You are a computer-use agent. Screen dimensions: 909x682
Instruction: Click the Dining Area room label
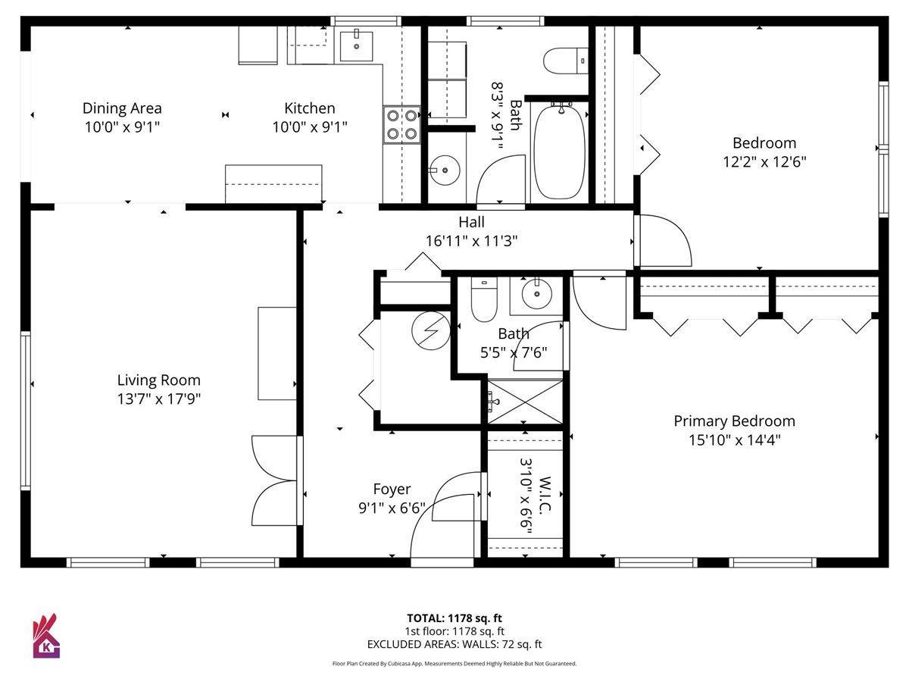[x=122, y=108]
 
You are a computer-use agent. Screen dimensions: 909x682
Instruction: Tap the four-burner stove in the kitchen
[x=401, y=125]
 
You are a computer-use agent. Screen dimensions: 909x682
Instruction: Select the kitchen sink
[x=356, y=46]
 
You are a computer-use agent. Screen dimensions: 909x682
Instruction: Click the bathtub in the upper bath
[x=560, y=152]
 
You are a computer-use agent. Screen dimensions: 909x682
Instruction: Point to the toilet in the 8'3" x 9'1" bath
[x=566, y=61]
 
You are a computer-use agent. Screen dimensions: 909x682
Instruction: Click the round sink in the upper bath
[x=445, y=170]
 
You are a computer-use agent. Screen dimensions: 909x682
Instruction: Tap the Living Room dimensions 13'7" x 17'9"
[x=159, y=399]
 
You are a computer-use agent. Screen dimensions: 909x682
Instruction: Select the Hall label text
[x=471, y=222]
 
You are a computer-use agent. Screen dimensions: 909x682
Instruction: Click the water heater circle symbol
[x=431, y=330]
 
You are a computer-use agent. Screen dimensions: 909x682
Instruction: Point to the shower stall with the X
[x=525, y=402]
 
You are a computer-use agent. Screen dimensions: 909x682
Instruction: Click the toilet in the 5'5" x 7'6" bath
[x=484, y=299]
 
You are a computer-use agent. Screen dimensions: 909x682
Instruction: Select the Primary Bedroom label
[x=734, y=421]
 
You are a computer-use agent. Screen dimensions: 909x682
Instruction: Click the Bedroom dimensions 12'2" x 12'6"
[x=764, y=161]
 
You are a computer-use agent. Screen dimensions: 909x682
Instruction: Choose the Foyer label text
[x=392, y=489]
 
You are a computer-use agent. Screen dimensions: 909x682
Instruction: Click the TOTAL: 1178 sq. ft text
[x=454, y=618]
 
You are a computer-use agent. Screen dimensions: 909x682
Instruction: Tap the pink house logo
[x=46, y=636]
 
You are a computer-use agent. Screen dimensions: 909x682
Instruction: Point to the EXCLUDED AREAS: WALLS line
[x=454, y=644]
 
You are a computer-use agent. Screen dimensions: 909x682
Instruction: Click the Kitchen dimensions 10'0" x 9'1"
[x=309, y=127]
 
